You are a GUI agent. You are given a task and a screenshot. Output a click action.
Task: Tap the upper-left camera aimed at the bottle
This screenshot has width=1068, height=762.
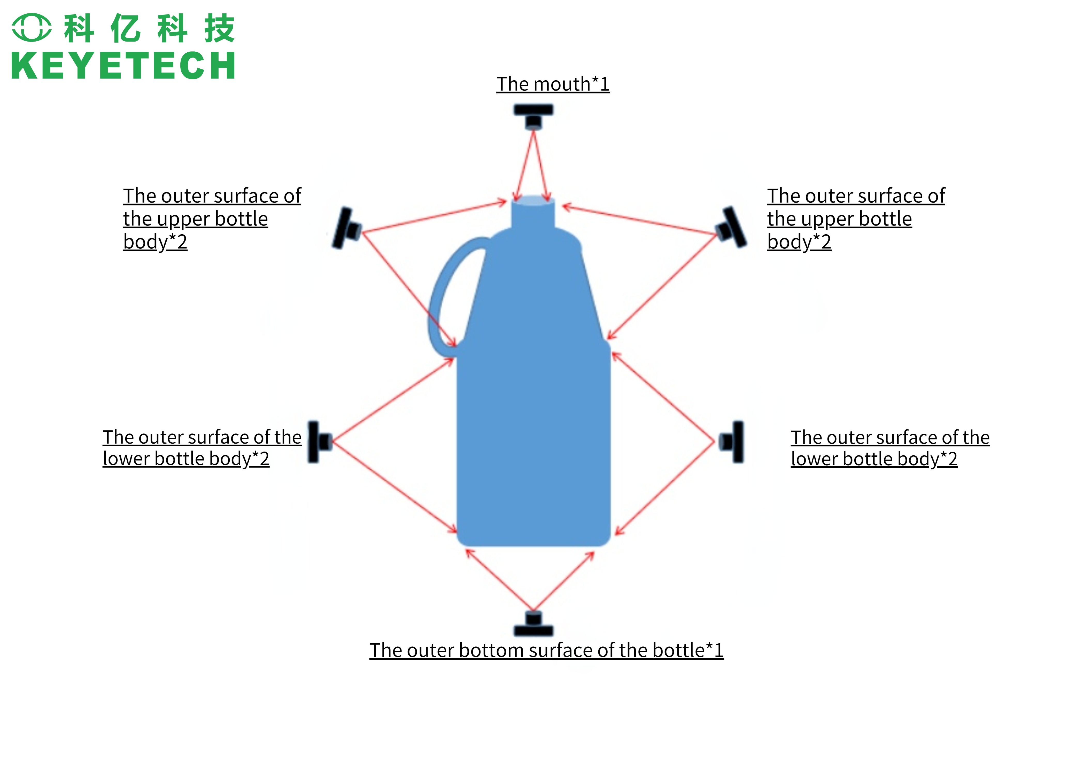click(x=347, y=229)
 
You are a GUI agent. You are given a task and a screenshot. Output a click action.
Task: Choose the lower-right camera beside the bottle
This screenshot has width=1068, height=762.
click(x=733, y=442)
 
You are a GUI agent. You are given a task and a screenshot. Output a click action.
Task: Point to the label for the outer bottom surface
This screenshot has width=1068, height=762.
click(x=546, y=650)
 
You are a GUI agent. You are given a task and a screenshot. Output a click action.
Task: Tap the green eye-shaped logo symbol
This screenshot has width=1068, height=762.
click(x=32, y=27)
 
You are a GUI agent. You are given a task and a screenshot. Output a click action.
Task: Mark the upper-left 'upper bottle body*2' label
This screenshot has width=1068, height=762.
click(x=211, y=219)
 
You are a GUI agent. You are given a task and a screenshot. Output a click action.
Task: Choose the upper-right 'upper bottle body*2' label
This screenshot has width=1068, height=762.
click(x=856, y=219)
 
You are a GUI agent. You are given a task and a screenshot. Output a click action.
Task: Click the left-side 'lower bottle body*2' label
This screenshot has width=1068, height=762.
click(x=202, y=448)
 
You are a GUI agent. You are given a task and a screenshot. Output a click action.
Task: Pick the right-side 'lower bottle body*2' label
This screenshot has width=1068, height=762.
click(x=890, y=448)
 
